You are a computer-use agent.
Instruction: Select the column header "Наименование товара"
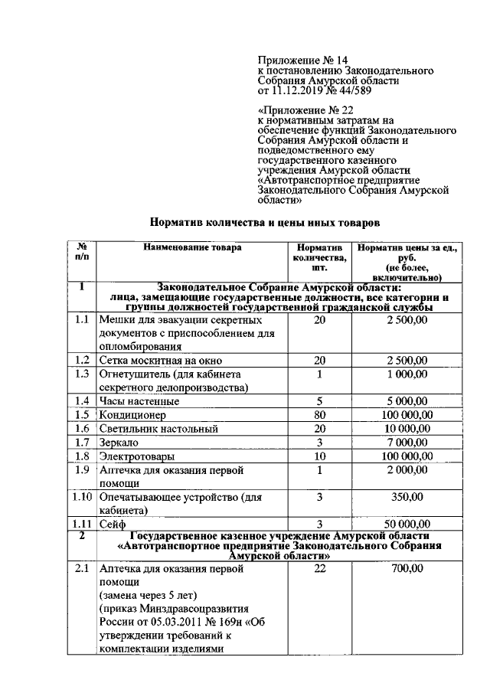[x=191, y=247]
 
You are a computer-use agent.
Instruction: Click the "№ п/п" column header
[x=81, y=253]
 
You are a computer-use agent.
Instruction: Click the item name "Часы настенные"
[x=139, y=400]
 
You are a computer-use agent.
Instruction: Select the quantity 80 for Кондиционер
[x=319, y=414]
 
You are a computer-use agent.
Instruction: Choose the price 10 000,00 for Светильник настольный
[x=407, y=428]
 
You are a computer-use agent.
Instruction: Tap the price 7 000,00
[x=407, y=443]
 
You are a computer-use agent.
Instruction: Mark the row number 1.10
[x=81, y=498]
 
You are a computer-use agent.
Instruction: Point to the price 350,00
[x=407, y=498]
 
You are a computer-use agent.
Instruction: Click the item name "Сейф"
[x=112, y=525]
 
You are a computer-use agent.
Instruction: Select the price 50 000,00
[x=407, y=525]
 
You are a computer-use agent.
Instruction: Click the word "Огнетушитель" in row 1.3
[x=132, y=374]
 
